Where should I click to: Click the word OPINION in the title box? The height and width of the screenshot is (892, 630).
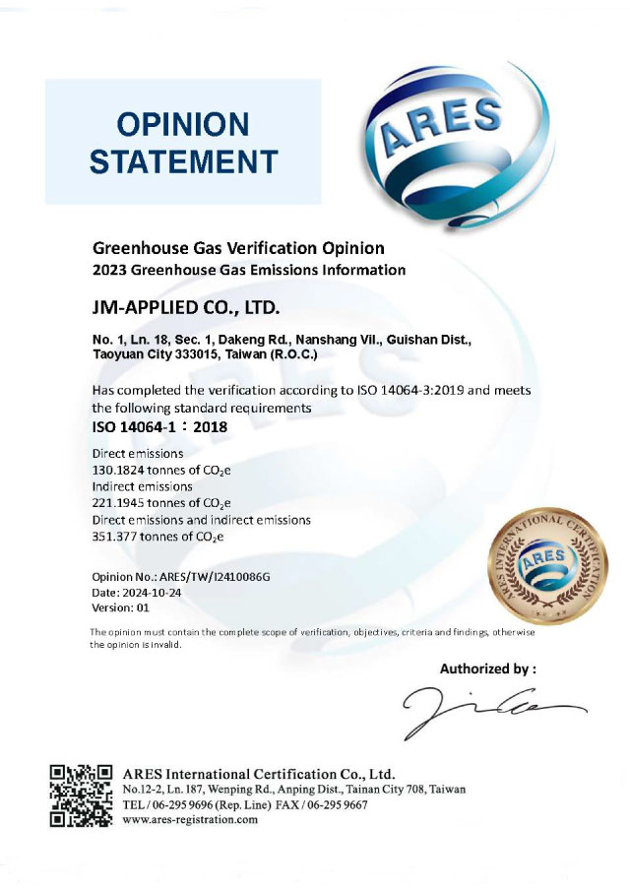click(183, 124)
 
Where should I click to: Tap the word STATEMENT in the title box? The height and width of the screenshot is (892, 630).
click(183, 160)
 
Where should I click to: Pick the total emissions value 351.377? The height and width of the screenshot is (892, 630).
click(116, 536)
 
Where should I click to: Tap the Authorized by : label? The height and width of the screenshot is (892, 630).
click(487, 669)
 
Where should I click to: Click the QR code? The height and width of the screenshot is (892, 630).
click(84, 796)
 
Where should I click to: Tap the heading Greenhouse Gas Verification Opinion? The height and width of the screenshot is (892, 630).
click(237, 247)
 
